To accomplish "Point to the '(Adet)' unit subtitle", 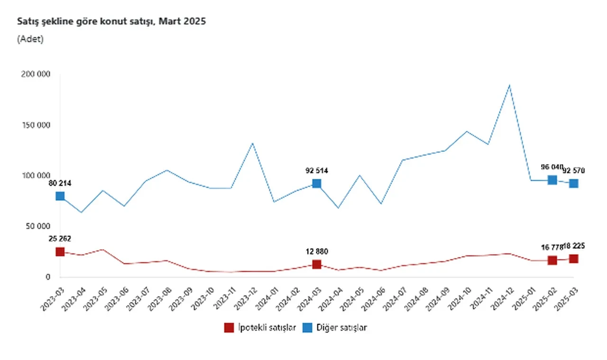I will coord(30,39).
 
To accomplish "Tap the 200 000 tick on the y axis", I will coord(36,74).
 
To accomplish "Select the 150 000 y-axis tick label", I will coord(36,125).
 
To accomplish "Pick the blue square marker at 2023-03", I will coord(60,196).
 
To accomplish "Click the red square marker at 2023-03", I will coord(60,252).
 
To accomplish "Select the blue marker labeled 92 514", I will coord(316,184).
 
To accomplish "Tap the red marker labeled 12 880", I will coord(316,264).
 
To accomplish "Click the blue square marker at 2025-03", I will coord(573,184).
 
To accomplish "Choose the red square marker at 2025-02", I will coord(552,260).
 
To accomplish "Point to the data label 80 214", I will coord(59,183).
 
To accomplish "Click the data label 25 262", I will coord(59,239).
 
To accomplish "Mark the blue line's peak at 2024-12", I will coord(509,85).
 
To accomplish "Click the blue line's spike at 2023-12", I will coord(252,143).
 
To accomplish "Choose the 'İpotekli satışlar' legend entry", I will coord(260,328).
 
